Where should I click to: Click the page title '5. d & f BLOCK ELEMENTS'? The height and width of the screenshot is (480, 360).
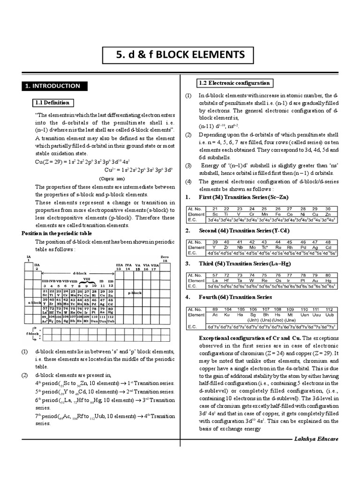180,55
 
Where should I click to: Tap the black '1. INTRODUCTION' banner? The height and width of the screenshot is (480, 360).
53,86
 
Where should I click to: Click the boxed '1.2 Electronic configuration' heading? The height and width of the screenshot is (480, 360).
234,83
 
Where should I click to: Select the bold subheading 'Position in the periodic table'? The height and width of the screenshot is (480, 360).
57,233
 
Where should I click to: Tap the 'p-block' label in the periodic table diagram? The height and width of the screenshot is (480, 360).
135,292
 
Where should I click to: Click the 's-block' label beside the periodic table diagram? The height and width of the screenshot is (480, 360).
34,303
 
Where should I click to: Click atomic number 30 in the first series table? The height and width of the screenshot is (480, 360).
328,209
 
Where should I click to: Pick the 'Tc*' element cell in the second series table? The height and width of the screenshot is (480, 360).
265,247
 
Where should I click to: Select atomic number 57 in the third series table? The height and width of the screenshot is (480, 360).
215,276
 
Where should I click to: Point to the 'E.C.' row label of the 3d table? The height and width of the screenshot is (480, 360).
192,219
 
